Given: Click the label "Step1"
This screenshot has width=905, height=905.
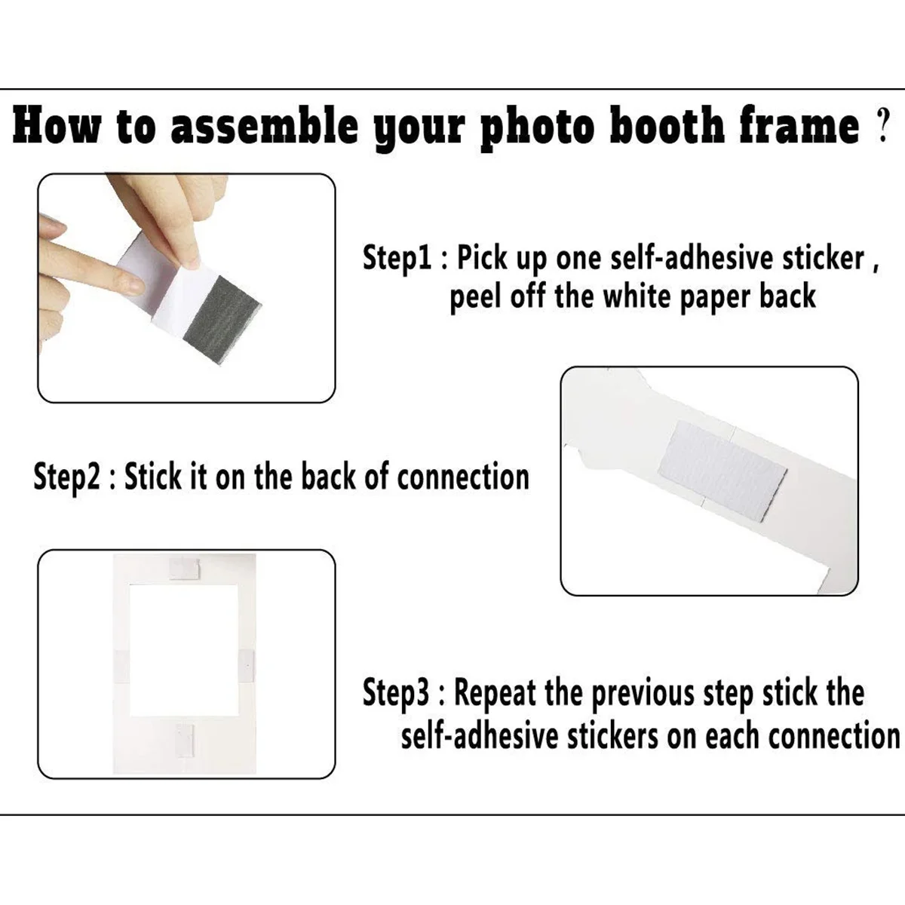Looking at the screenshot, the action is [x=397, y=259].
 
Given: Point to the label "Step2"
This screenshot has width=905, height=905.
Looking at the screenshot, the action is [x=67, y=477].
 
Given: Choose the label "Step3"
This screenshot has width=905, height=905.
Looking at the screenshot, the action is [x=396, y=693].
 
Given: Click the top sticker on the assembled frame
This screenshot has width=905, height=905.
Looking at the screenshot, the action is [x=185, y=569].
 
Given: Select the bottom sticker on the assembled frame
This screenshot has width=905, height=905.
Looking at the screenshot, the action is [x=185, y=741].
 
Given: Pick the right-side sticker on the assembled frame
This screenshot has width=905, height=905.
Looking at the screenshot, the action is [x=246, y=667].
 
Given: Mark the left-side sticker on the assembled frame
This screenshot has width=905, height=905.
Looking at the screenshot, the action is [x=121, y=667].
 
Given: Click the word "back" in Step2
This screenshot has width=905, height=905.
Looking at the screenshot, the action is [x=329, y=477].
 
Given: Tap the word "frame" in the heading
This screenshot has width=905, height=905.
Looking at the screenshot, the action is [x=799, y=124].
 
